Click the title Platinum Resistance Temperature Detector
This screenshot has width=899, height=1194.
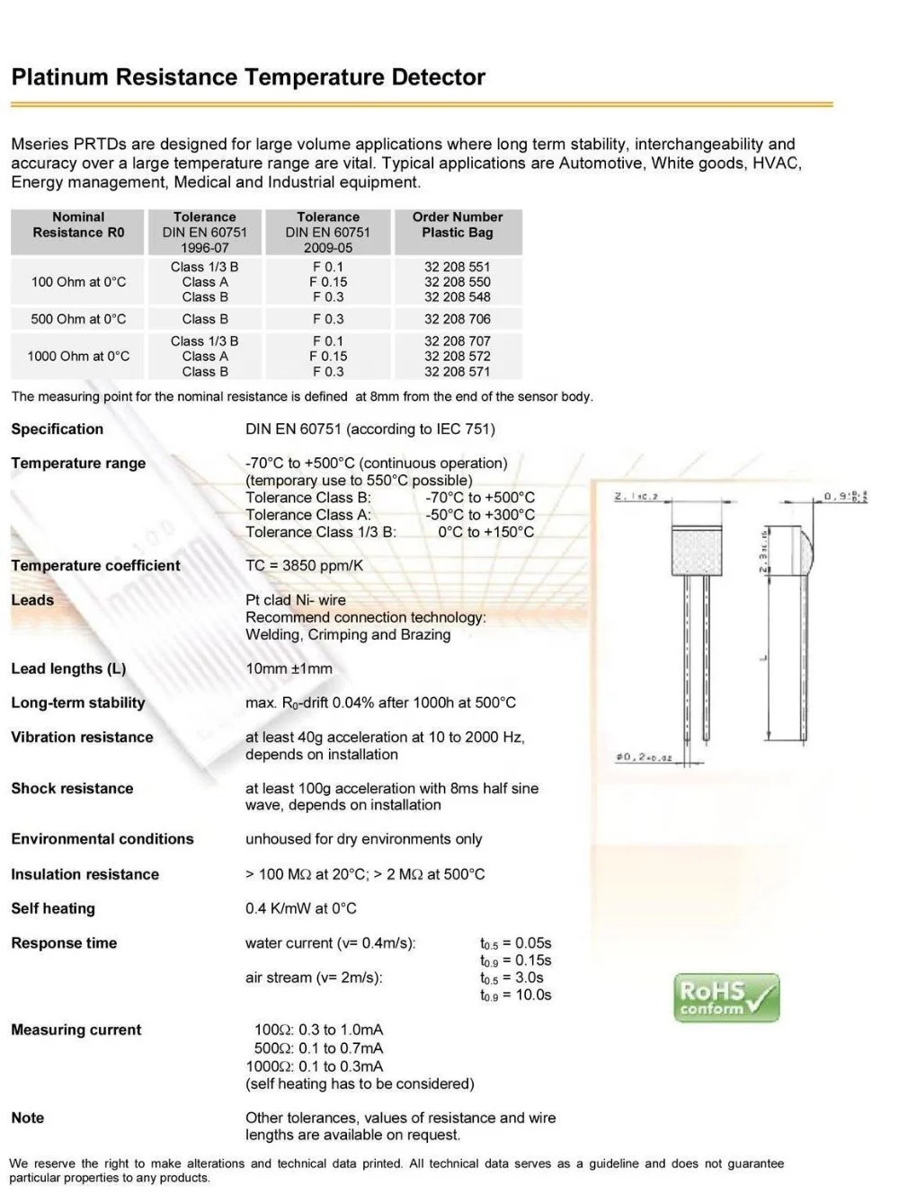pos(248,77)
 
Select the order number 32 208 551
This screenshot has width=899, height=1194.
pos(457,267)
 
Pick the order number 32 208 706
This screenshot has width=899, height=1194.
pos(457,319)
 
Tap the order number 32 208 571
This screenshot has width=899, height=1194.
pos(457,371)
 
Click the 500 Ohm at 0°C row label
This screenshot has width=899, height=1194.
pos(78,319)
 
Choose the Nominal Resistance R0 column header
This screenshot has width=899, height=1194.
pos(78,225)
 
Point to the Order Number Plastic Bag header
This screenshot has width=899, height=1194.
pos(457,225)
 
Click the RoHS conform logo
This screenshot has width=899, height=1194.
pos(726,998)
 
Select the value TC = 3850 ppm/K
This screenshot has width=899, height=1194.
pos(305,565)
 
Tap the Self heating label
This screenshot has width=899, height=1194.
pos(53,908)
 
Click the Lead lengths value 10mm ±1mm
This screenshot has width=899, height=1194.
pos(289,668)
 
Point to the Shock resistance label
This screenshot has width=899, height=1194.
pos(72,788)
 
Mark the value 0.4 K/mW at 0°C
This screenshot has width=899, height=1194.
pos(301,908)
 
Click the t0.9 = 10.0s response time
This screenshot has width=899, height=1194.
pos(515,995)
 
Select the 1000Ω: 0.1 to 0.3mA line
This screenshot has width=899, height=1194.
pos(315,1066)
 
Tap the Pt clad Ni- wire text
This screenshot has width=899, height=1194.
pos(296,600)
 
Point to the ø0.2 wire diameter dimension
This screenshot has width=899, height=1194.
pos(644,758)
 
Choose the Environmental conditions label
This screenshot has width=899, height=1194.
pos(102,839)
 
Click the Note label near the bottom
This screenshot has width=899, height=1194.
pos(27,1118)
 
